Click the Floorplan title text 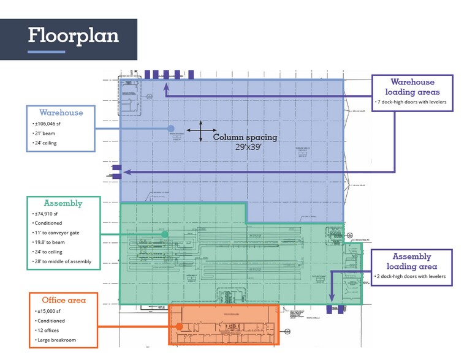(73, 36)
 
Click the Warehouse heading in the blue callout (61, 113)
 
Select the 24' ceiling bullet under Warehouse (47, 143)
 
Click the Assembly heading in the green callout (63, 203)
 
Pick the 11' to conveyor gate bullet (58, 233)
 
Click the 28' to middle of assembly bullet (63, 261)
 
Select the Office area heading (64, 300)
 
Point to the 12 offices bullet (50, 330)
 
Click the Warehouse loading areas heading (412, 87)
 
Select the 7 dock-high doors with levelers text (412, 102)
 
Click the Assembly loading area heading (412, 261)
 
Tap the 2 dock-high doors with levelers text (412, 277)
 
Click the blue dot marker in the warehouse (172, 129)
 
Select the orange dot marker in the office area (178, 326)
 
